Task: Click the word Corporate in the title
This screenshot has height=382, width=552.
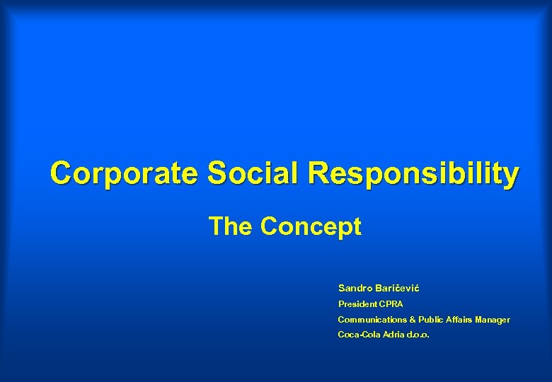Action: [125, 173]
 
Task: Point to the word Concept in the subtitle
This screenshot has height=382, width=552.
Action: [311, 228]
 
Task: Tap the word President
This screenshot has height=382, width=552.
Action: [357, 304]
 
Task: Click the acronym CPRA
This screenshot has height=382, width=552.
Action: [391, 304]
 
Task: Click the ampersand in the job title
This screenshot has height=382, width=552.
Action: [412, 320]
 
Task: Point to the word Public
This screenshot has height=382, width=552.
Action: [431, 320]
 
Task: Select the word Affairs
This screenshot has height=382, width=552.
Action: [459, 320]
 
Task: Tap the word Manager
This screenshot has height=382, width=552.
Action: [493, 320]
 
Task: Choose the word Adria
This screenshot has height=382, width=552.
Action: [394, 335]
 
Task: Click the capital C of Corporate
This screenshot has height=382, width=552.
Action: [60, 173]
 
